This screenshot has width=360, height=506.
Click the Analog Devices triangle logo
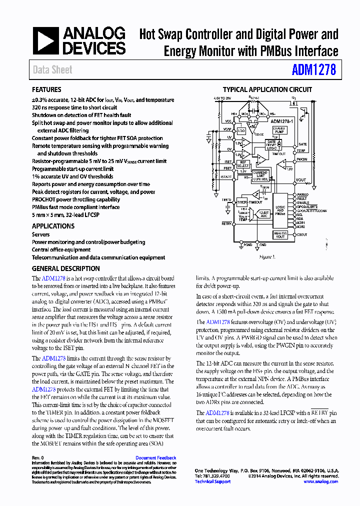(45, 41)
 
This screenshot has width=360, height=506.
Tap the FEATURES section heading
(46, 90)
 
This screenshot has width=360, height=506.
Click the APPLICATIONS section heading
(53, 226)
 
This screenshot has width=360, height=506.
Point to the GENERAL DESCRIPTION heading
(65, 268)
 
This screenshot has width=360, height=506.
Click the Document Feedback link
(155, 458)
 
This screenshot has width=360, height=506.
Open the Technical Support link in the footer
(212, 481)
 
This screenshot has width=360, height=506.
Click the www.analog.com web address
(320, 481)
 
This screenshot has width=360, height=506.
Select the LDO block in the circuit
(241, 130)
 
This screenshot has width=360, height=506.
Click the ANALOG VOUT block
(279, 234)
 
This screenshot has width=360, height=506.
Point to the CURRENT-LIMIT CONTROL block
(260, 175)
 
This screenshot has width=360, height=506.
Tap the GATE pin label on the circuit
(302, 144)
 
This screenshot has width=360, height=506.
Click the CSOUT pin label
(302, 234)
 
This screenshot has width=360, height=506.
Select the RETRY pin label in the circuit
(226, 224)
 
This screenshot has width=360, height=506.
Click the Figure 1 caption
(266, 256)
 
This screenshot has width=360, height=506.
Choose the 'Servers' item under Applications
(41, 234)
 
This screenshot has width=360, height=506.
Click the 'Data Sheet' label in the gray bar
(52, 70)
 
